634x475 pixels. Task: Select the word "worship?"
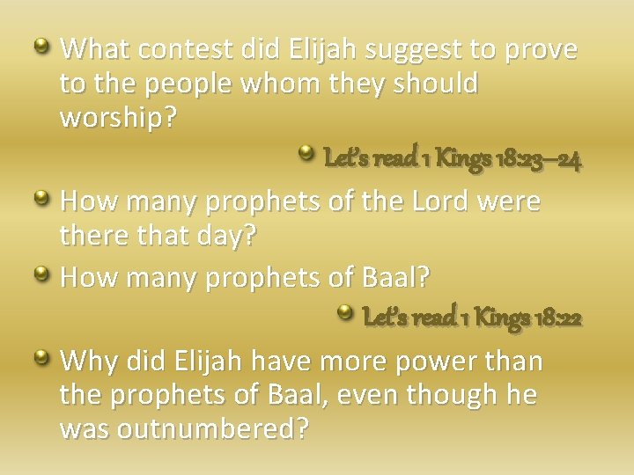(x=117, y=118)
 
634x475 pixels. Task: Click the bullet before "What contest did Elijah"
(x=41, y=43)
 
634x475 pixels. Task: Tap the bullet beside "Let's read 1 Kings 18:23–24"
(x=306, y=155)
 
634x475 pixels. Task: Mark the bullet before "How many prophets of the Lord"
(x=41, y=196)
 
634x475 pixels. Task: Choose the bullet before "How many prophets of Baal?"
(x=41, y=273)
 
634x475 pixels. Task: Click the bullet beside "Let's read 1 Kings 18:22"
(x=345, y=311)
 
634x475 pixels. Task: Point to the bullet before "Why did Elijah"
(x=41, y=355)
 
